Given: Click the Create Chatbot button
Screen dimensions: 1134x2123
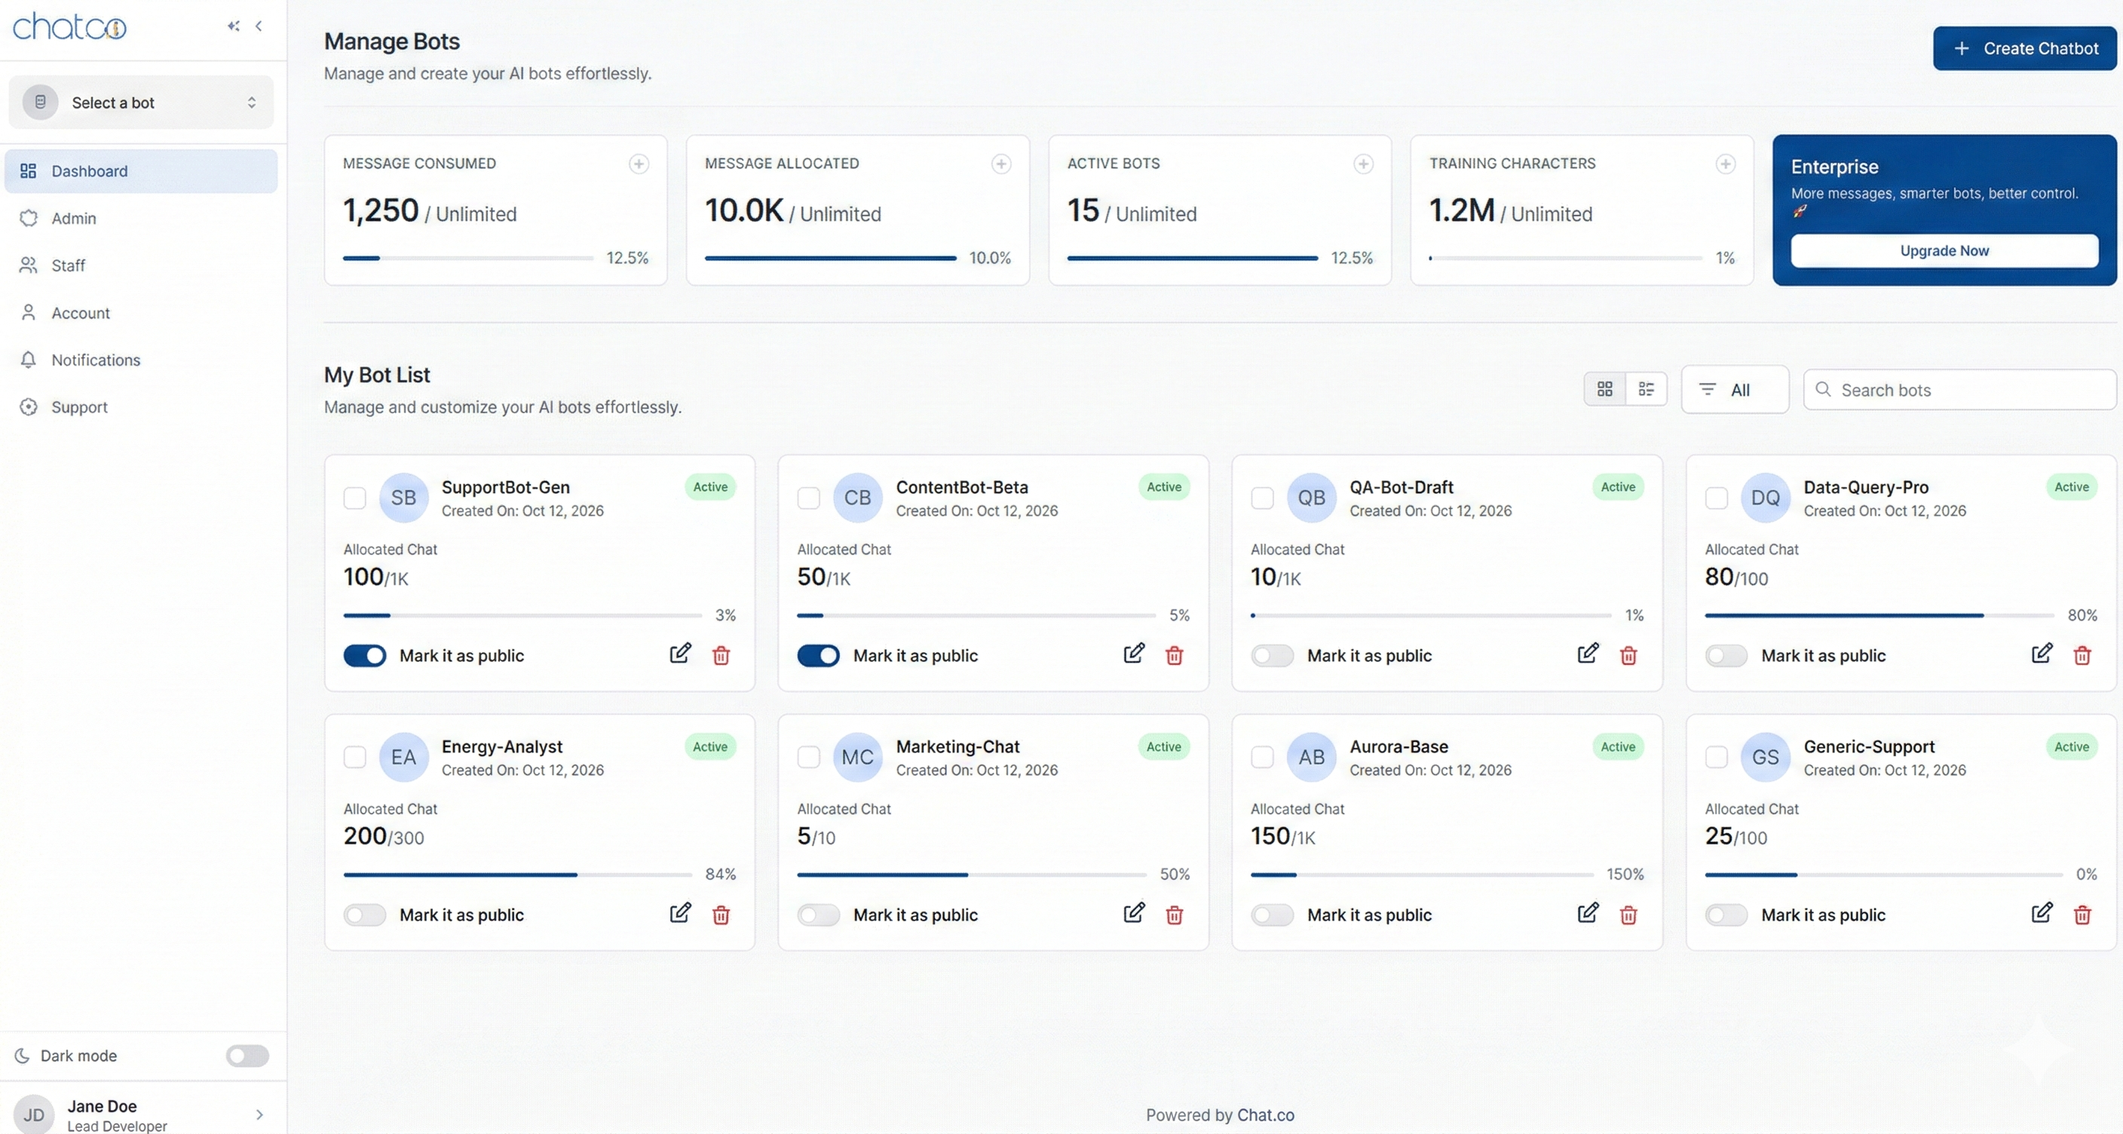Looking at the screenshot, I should tap(2024, 48).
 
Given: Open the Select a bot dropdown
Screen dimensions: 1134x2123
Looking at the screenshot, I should tap(141, 103).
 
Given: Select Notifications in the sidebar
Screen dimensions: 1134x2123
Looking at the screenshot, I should tap(96, 360).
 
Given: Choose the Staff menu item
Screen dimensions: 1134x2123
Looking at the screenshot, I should tap(68, 265).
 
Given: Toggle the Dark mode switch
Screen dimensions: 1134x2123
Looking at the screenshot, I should tap(247, 1056).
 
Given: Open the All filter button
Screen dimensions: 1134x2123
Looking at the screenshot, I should tap(1734, 390).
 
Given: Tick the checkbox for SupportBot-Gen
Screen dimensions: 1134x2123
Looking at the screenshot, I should tap(354, 498).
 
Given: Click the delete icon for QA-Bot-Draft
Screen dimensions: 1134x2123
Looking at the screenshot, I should tap(1628, 655).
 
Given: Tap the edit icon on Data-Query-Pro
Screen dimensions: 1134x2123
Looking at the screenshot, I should tap(2041, 654).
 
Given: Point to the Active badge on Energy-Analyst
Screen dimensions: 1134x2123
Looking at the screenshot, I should tap(709, 746).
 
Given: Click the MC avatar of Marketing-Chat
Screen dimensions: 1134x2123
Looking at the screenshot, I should tap(857, 756).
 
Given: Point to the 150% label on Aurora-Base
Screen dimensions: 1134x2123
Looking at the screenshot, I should tap(1625, 874).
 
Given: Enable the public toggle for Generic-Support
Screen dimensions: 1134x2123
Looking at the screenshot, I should tap(1726, 915).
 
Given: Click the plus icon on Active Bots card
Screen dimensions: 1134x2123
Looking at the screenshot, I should tap(1363, 164).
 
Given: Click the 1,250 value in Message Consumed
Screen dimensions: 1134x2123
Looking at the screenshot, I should tap(381, 211).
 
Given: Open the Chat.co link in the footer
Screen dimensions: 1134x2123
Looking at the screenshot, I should tap(1265, 1115).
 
